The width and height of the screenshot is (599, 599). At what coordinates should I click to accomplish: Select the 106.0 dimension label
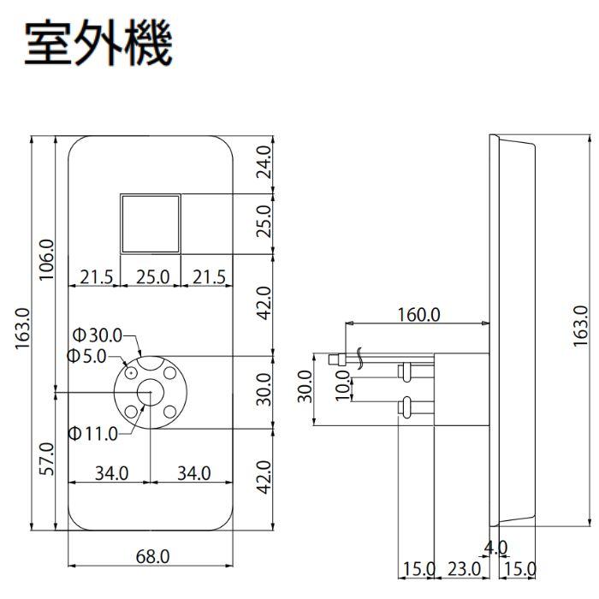click(48, 260)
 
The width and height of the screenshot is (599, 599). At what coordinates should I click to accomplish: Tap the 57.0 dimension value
click(48, 459)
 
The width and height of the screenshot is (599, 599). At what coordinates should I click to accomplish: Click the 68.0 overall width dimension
click(152, 557)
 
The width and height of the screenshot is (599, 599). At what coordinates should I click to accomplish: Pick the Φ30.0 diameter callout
click(98, 335)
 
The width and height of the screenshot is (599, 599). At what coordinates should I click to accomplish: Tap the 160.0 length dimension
click(418, 314)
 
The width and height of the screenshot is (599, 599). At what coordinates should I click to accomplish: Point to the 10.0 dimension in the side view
click(342, 385)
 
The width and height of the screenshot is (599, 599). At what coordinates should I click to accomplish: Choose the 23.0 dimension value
click(463, 569)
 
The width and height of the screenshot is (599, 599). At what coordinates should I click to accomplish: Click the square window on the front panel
click(150, 222)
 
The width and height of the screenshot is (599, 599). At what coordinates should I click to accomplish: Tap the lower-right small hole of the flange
click(170, 411)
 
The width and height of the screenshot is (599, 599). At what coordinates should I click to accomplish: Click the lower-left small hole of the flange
click(131, 412)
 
